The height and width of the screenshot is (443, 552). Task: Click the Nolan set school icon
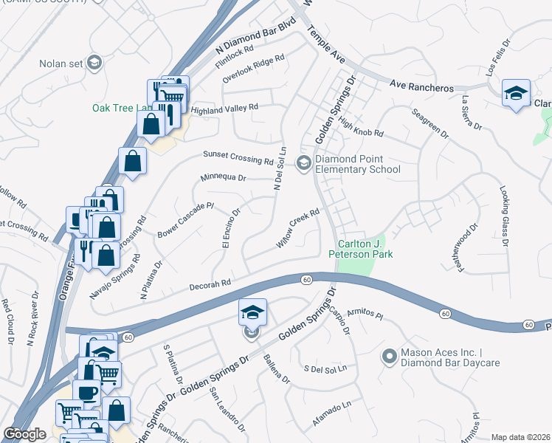(94, 63)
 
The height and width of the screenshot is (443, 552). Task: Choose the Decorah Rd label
(210, 283)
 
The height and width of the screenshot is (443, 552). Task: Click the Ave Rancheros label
(421, 86)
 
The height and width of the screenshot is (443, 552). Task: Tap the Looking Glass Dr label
(504, 216)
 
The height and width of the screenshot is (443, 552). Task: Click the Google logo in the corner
(24, 434)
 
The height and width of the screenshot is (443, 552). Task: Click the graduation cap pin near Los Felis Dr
(516, 93)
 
